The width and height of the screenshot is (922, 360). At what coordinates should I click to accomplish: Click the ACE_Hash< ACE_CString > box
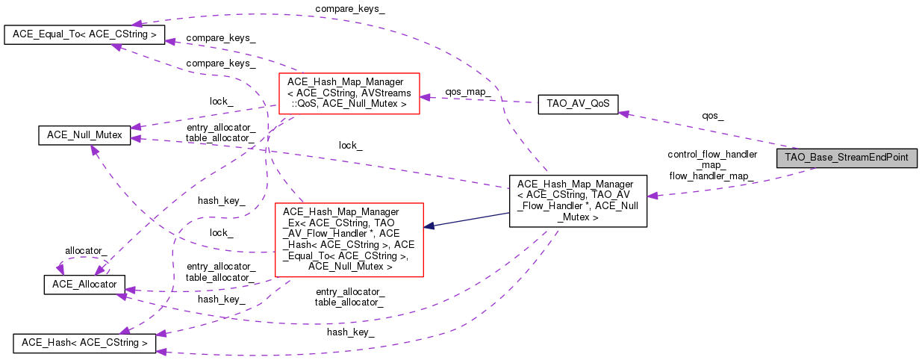(x=84, y=344)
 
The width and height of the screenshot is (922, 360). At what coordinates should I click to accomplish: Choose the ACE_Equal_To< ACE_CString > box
(x=84, y=34)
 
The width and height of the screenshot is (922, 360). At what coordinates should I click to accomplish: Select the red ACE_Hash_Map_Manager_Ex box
(x=349, y=239)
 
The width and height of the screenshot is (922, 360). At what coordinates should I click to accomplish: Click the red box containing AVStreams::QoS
(x=348, y=93)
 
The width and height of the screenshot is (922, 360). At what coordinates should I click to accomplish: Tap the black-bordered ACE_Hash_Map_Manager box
(x=577, y=201)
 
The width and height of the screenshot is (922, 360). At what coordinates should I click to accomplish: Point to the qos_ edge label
(x=712, y=116)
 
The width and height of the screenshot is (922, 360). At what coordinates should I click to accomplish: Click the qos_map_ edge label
(x=468, y=91)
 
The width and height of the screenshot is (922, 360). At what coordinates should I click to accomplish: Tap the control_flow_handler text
(x=712, y=155)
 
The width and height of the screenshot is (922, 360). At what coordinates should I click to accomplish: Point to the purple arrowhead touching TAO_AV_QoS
(x=623, y=113)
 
